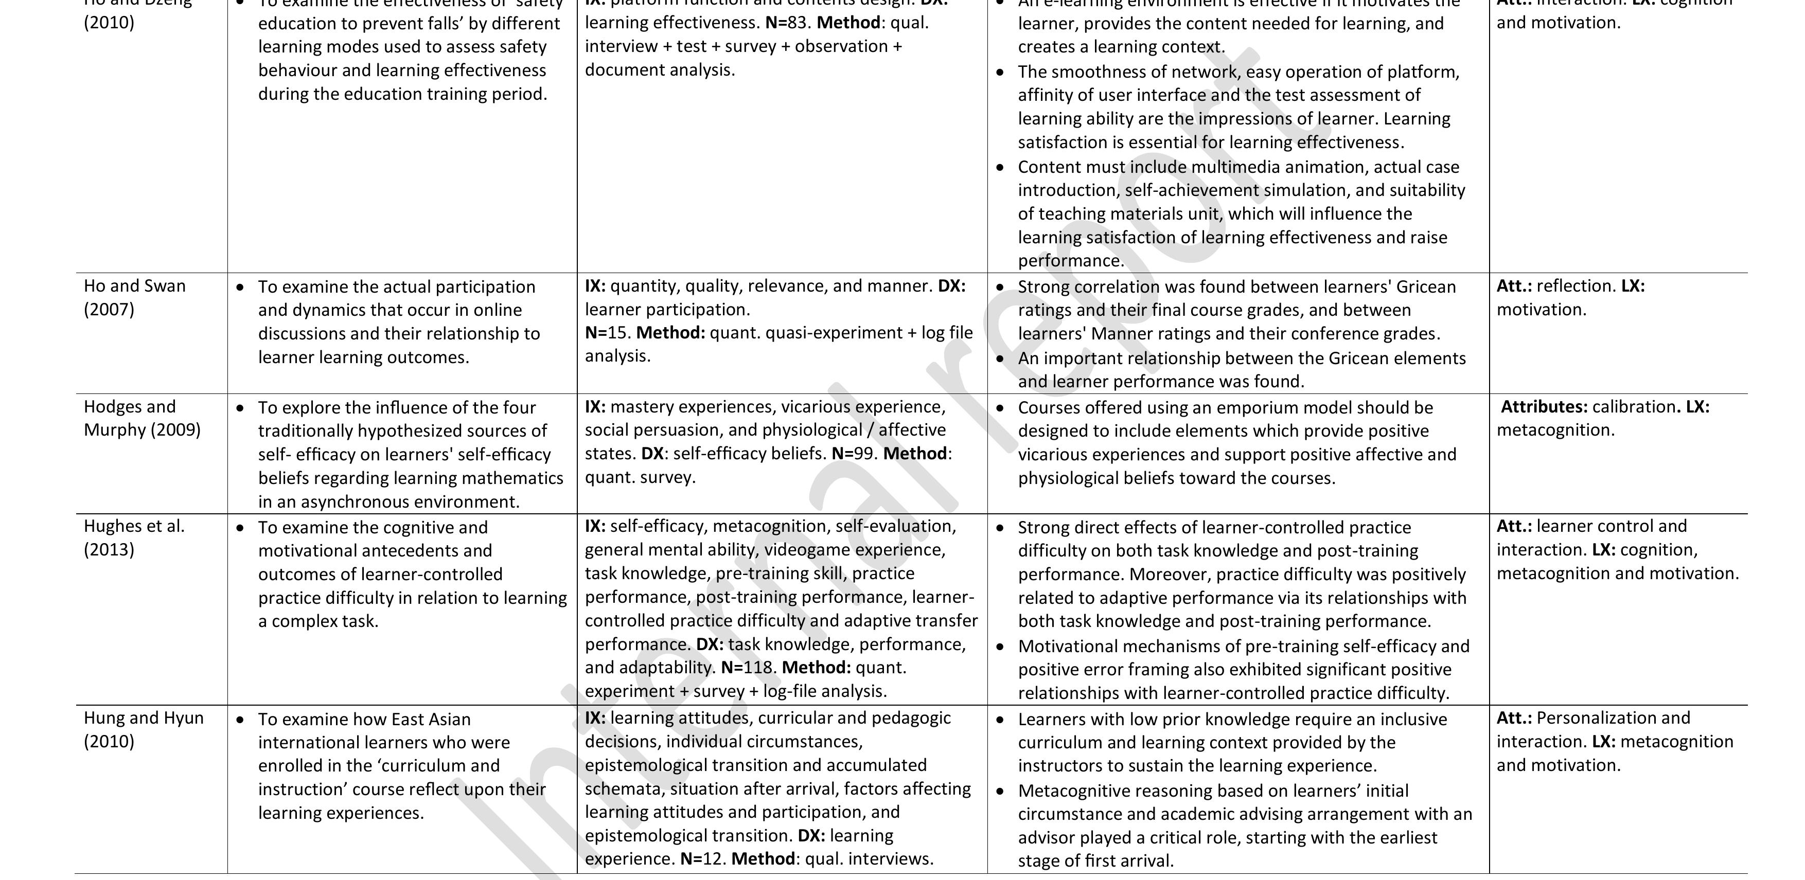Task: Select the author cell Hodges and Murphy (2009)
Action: coord(141,418)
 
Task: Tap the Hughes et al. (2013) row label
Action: coord(134,537)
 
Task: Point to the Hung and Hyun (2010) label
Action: coord(144,729)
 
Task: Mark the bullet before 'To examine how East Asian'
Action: coord(241,720)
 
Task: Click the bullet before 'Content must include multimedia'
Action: coord(1001,168)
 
